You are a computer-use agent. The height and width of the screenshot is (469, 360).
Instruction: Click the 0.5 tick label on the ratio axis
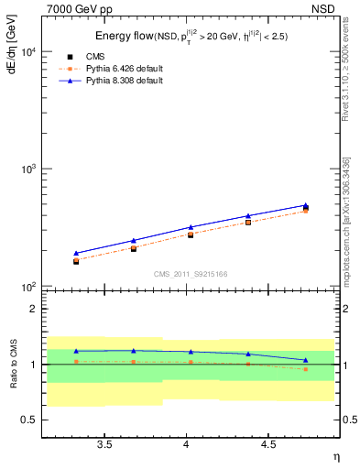point(28,420)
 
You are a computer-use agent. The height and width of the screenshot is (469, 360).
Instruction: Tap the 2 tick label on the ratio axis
point(33,309)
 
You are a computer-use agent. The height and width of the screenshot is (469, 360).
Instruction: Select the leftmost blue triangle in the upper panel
point(76,253)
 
